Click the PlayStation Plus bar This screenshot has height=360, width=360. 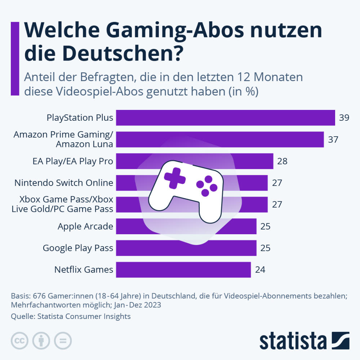click(x=225, y=118)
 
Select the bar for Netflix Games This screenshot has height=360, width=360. click(x=183, y=270)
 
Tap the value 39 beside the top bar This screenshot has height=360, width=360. click(x=344, y=118)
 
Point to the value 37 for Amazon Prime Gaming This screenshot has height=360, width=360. click(x=333, y=139)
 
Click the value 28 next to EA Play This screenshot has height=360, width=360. click(x=282, y=161)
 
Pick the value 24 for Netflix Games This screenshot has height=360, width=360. click(x=260, y=270)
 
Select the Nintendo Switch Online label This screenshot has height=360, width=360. click(x=64, y=183)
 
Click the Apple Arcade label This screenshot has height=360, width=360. click(x=85, y=226)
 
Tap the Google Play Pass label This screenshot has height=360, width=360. click(x=78, y=248)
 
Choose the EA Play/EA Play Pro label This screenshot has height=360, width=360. click(x=73, y=161)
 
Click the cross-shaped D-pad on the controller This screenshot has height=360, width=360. click(x=175, y=178)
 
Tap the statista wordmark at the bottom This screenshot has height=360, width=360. click(x=293, y=340)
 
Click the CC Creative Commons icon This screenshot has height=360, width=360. click(x=20, y=341)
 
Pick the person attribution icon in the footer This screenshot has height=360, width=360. click(x=41, y=341)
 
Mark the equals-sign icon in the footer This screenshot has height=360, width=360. click(x=63, y=341)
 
